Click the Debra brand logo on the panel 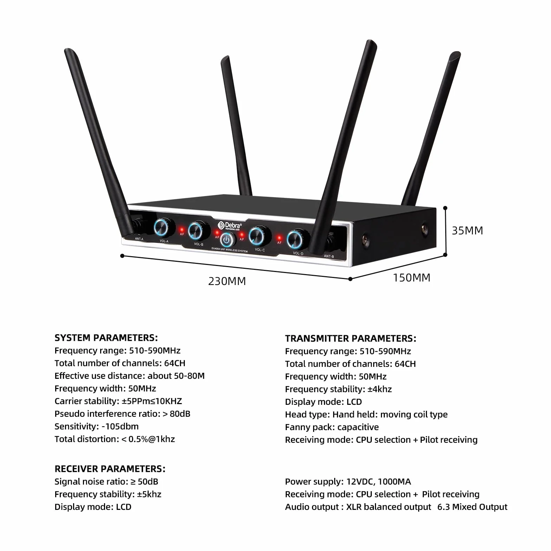[230, 226]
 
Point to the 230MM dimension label [227, 281]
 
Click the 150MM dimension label [411, 278]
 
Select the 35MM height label [467, 231]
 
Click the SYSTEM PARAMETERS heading [106, 338]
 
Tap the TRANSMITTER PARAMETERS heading [350, 338]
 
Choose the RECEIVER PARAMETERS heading [110, 469]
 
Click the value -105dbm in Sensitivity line [120, 426]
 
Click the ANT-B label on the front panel [329, 256]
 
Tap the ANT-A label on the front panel [139, 239]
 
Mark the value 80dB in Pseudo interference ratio [180, 414]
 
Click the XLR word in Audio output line [354, 507]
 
